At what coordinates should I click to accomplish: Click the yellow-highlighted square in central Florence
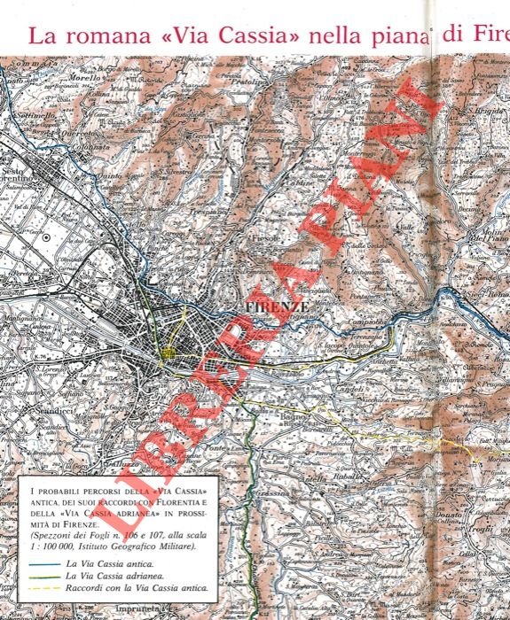[169, 354]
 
